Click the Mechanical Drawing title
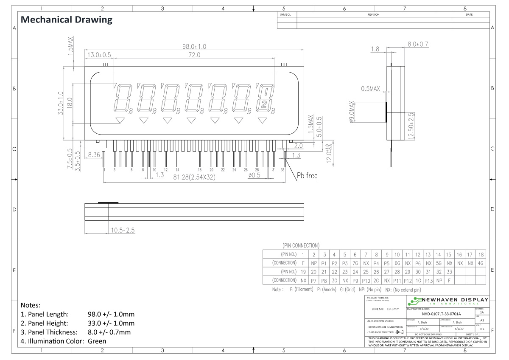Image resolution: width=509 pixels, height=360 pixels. (67, 20)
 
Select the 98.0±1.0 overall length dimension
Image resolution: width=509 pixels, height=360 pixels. (194, 47)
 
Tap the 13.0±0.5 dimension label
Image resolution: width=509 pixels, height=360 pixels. (99, 55)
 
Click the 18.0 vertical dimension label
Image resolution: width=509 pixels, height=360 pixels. (70, 103)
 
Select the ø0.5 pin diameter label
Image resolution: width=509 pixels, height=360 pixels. (255, 175)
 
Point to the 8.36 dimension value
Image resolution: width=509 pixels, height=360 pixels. (94, 156)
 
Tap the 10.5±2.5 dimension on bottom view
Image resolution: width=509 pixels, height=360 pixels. (123, 230)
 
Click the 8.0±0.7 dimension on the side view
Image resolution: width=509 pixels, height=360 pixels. (418, 44)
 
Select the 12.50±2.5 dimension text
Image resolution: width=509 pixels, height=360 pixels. (411, 125)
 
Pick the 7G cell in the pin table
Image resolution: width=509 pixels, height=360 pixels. (355, 263)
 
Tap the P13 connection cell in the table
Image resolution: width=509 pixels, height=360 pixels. (428, 280)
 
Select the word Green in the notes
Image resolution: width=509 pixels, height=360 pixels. (97, 341)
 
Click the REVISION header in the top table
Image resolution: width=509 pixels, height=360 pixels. (373, 15)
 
